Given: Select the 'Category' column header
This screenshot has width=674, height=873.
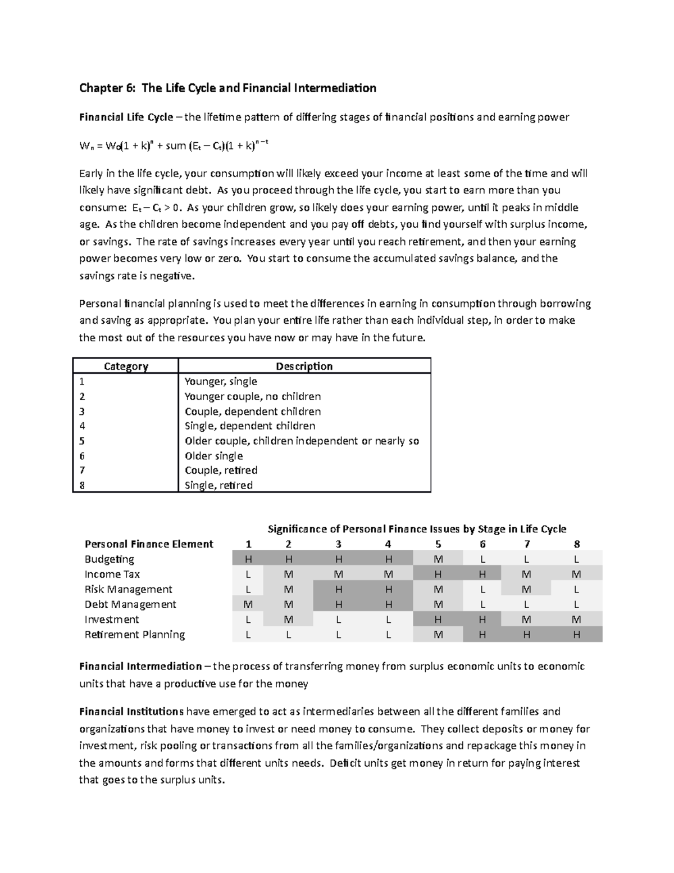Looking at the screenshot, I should click(x=126, y=366).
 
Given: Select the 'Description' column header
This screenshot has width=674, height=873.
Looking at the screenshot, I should click(x=304, y=366).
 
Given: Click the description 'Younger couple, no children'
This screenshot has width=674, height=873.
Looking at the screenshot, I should click(x=253, y=396).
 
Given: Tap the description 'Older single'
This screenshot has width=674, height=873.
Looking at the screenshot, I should click(x=214, y=456).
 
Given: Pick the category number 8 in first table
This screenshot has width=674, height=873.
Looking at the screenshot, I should click(x=83, y=485).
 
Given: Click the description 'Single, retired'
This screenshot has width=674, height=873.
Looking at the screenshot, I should click(x=218, y=485).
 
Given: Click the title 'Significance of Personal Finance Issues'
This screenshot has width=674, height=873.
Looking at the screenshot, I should click(x=417, y=529).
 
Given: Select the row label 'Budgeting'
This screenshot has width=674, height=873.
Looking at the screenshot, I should click(x=110, y=559).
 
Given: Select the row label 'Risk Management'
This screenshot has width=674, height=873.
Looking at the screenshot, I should click(x=128, y=589).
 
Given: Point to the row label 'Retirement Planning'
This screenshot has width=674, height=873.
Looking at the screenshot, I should click(x=134, y=635).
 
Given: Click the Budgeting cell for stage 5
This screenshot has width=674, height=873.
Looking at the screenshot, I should click(x=438, y=559).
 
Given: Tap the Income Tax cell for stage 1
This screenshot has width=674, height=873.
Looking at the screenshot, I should click(x=248, y=575).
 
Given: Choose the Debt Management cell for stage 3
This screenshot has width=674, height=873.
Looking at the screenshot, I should click(x=338, y=604).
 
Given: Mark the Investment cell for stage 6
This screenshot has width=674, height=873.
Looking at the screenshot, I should click(x=482, y=619).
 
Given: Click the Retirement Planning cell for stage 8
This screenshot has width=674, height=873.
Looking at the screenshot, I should click(x=577, y=635).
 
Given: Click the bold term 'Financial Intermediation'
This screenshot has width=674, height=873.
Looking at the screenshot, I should click(x=140, y=667).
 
